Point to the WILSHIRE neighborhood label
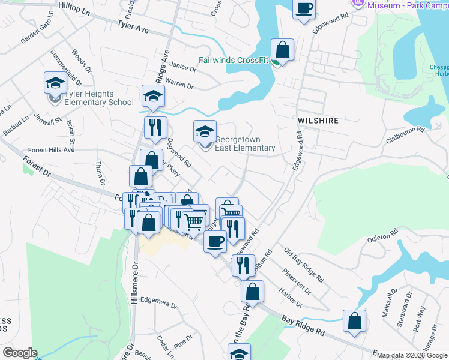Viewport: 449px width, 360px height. pyautogui.click(x=318, y=121)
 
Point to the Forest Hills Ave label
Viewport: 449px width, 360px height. pyautogui.click(x=51, y=150)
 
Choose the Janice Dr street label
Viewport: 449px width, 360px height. pyautogui.click(x=183, y=68)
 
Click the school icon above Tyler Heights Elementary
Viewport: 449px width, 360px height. pyautogui.click(x=55, y=83)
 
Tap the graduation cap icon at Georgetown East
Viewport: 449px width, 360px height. pyautogui.click(x=205, y=131)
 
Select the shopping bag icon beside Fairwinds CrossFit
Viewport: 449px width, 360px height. pyautogui.click(x=282, y=50)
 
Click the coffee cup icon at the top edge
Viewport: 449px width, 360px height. pyautogui.click(x=304, y=8)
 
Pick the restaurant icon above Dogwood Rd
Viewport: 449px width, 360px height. pyautogui.click(x=155, y=127)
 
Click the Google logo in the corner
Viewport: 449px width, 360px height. pyautogui.click(x=20, y=353)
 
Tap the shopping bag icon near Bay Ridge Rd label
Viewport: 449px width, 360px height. pyautogui.click(x=354, y=320)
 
